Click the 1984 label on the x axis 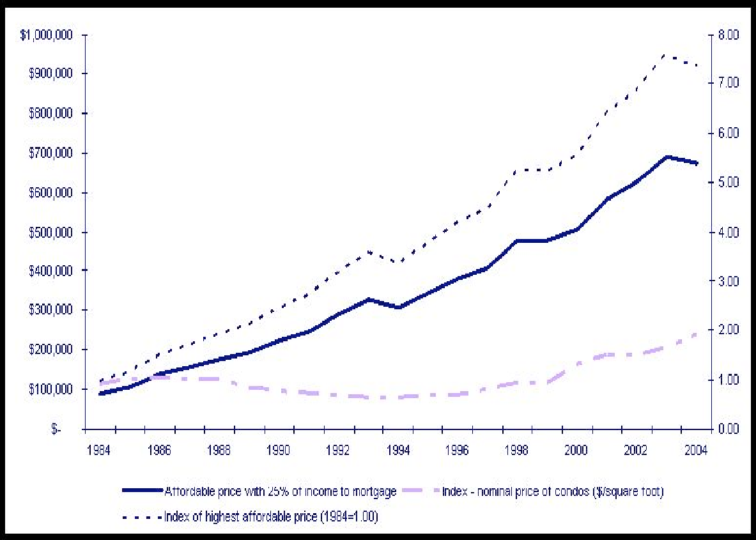pos(100,451)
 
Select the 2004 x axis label pos(695,451)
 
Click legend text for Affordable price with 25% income pos(281,491)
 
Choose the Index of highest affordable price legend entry pos(271,517)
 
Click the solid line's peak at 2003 pos(667,157)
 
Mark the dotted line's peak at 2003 pos(667,55)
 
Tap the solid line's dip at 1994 pos(398,307)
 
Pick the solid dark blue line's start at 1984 pos(100,394)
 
